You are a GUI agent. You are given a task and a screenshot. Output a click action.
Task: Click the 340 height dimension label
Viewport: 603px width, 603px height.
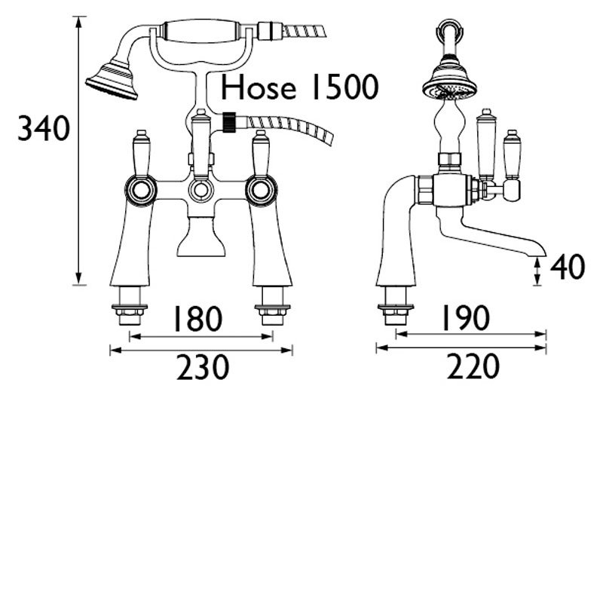[x=44, y=130]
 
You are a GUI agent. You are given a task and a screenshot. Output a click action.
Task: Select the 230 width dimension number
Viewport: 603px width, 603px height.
[x=202, y=368]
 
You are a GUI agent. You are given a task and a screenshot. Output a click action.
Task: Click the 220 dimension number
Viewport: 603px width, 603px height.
[x=473, y=368]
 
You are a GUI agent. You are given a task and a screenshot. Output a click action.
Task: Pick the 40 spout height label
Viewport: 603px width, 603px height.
[x=567, y=268]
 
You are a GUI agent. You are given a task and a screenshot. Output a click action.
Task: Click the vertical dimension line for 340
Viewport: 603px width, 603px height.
[x=79, y=151]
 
